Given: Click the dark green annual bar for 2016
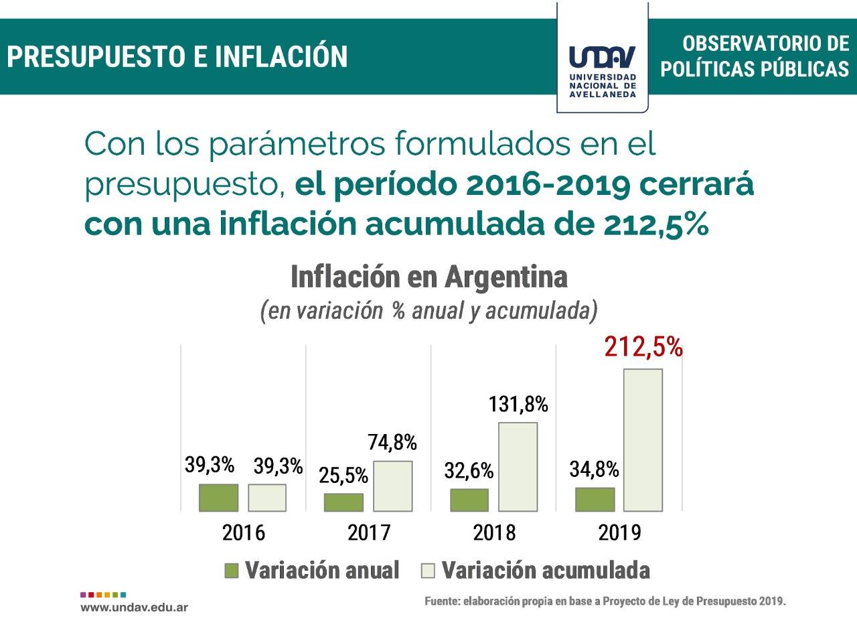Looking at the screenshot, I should point(218,498).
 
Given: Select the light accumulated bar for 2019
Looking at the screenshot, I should point(643,440).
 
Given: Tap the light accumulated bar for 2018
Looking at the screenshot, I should point(518,467).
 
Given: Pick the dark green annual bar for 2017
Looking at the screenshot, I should point(343,502).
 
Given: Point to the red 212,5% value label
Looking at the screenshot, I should point(643,348).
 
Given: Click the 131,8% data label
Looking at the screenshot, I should point(518,405).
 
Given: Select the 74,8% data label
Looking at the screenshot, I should point(392,443).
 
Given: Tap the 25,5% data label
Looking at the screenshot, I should point(343,475).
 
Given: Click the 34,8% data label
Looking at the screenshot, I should point(594,470).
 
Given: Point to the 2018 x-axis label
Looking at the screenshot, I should point(494,532).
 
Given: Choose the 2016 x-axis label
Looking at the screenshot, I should point(244,532).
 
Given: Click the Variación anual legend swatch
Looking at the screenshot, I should point(232,571).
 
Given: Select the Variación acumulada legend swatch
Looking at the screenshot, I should point(427,571).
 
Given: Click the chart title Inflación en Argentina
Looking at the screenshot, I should point(429,277).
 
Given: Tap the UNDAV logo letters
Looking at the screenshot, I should point(603,58).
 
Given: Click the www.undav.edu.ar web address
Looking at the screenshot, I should point(134,608).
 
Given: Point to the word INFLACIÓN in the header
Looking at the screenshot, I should point(281,56).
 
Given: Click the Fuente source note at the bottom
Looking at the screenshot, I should point(605,601).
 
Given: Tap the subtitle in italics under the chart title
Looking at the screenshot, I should point(428,311).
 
